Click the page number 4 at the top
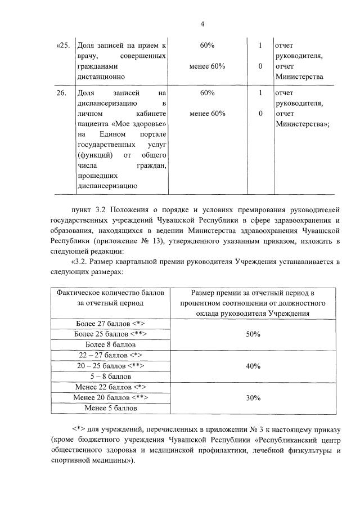click(202, 24)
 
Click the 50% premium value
click(253, 334)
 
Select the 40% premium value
click(253, 366)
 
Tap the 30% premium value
click(253, 397)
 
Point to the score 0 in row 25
click(260, 66)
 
